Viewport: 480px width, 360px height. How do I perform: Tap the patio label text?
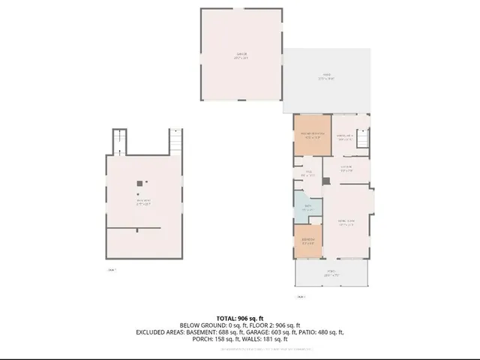coord(326,75)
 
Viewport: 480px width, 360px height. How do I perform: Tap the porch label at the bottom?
coord(331,272)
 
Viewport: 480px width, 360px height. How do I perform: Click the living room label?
coord(346,223)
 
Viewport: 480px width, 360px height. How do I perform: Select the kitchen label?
coord(346,168)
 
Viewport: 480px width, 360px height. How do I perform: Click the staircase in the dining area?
coord(363,139)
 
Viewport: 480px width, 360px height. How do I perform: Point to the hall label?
coord(307,174)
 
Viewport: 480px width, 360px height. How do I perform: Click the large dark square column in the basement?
coord(139,184)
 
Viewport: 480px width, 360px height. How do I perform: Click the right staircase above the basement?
coord(175,140)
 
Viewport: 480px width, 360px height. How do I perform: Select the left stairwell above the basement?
coord(117,141)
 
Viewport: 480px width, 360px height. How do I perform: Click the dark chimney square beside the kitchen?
coord(325,181)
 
